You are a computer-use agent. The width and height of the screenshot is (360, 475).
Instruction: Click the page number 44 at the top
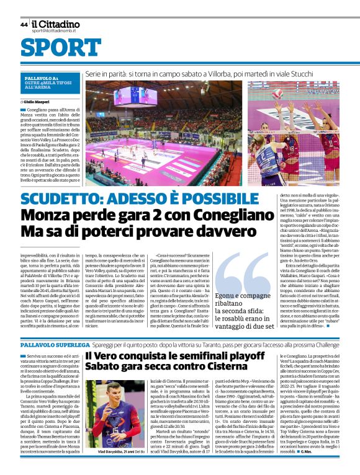(x=24, y=25)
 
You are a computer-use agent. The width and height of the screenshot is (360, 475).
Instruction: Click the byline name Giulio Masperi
(x=39, y=100)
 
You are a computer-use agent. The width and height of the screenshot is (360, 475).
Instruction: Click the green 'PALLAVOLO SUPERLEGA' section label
(x=54, y=343)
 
